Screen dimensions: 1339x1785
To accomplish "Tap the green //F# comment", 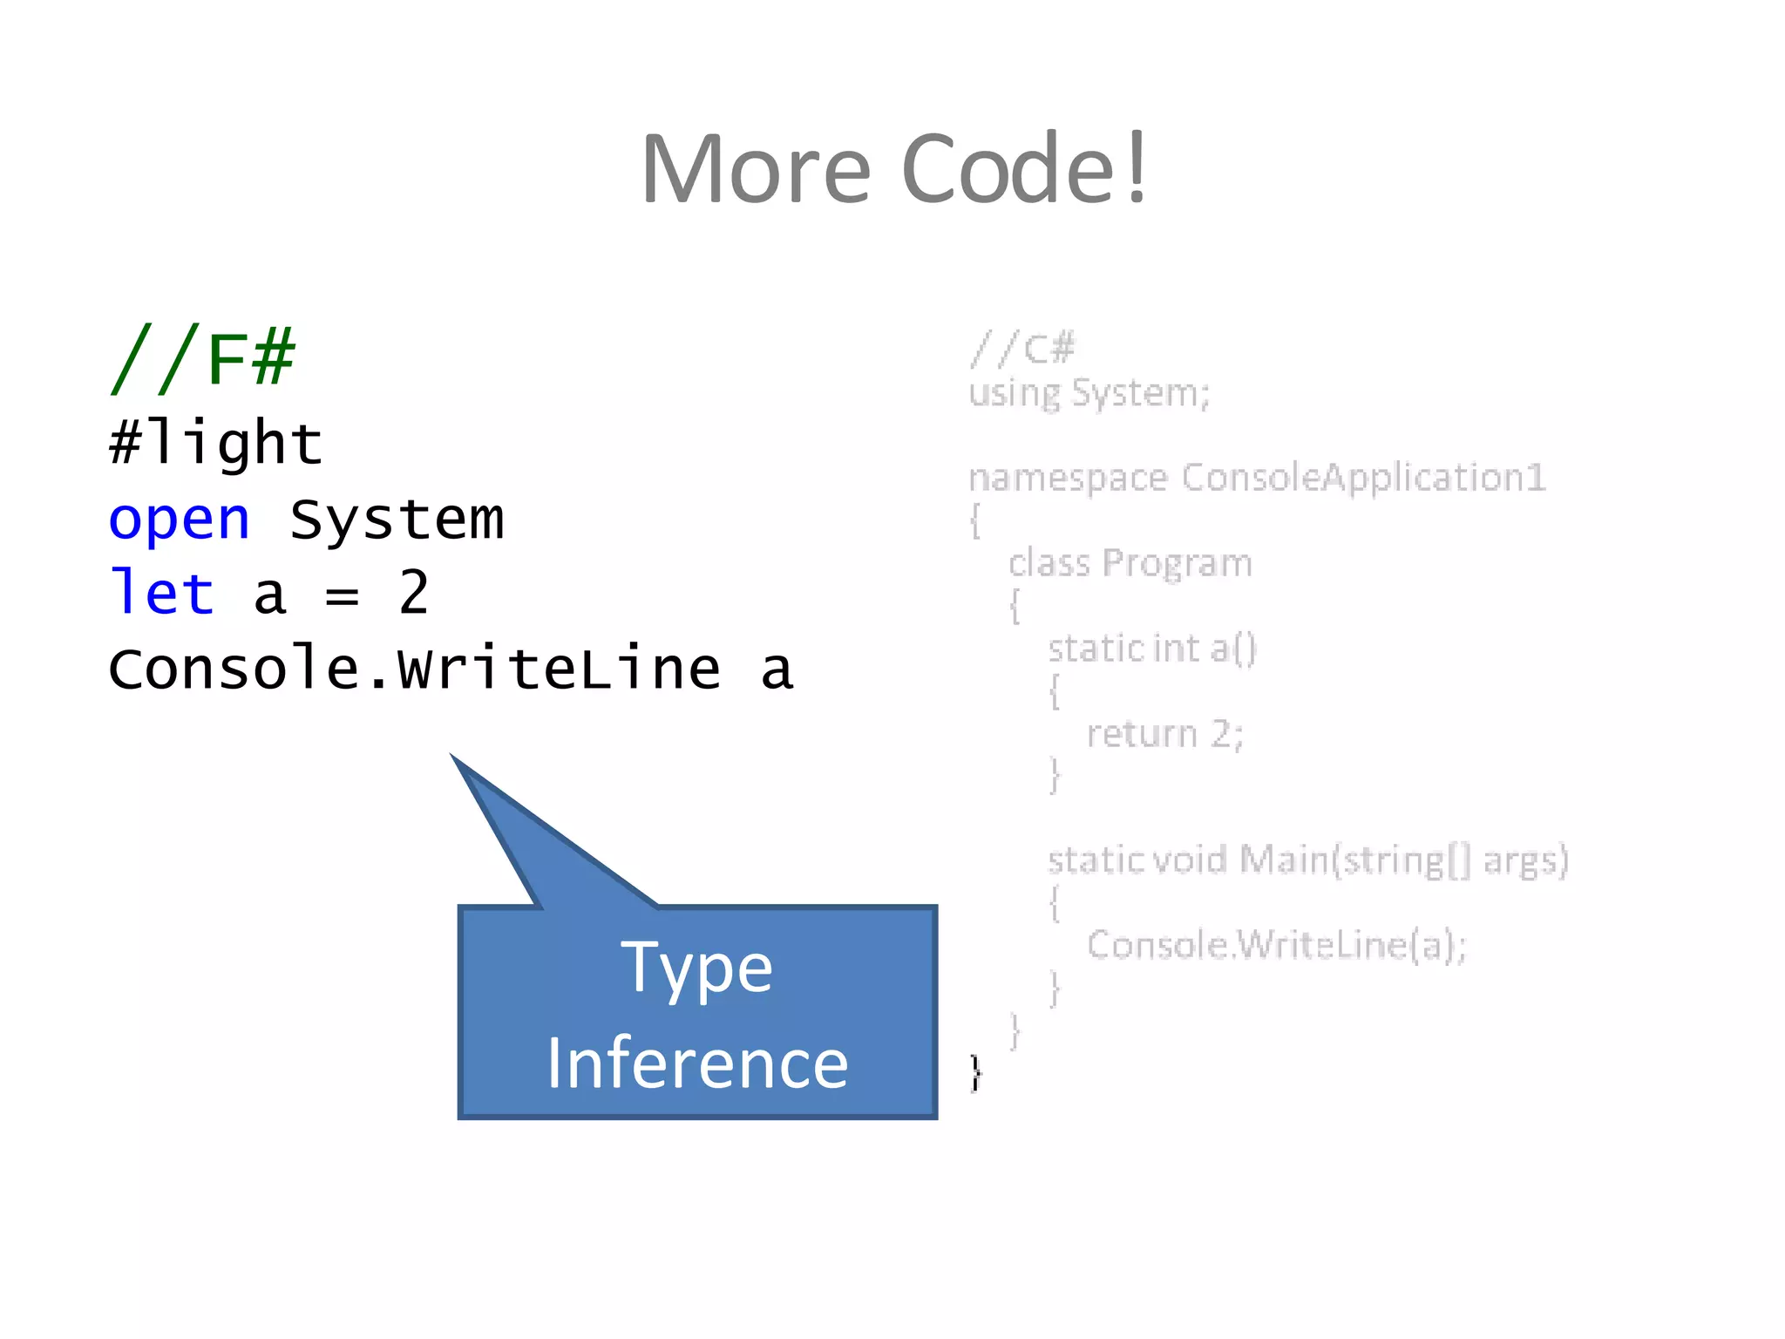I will pos(203,357).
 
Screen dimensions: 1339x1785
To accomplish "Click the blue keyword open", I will pos(179,520).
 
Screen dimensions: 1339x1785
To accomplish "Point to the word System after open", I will pos(397,520).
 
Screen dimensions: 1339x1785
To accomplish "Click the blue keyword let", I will pos(162,594).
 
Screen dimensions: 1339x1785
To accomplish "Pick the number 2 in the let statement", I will pos(414,594).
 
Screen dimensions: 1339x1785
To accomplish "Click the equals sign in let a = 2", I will pos(342,597).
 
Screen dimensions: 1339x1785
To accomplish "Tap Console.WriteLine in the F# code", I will pos(414,669).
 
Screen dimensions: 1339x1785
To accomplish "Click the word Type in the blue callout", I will pos(696,968).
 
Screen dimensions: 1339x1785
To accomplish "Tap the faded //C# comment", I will pos(1023,350).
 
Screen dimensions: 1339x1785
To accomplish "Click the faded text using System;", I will pos(1089,393).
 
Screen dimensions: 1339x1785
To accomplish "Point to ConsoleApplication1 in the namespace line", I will pos(1363,478).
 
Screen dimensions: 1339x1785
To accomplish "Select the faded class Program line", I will pos(1130,563).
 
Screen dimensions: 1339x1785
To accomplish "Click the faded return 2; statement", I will pos(1164,734).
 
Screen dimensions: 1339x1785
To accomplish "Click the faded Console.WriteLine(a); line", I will pos(1277,945).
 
